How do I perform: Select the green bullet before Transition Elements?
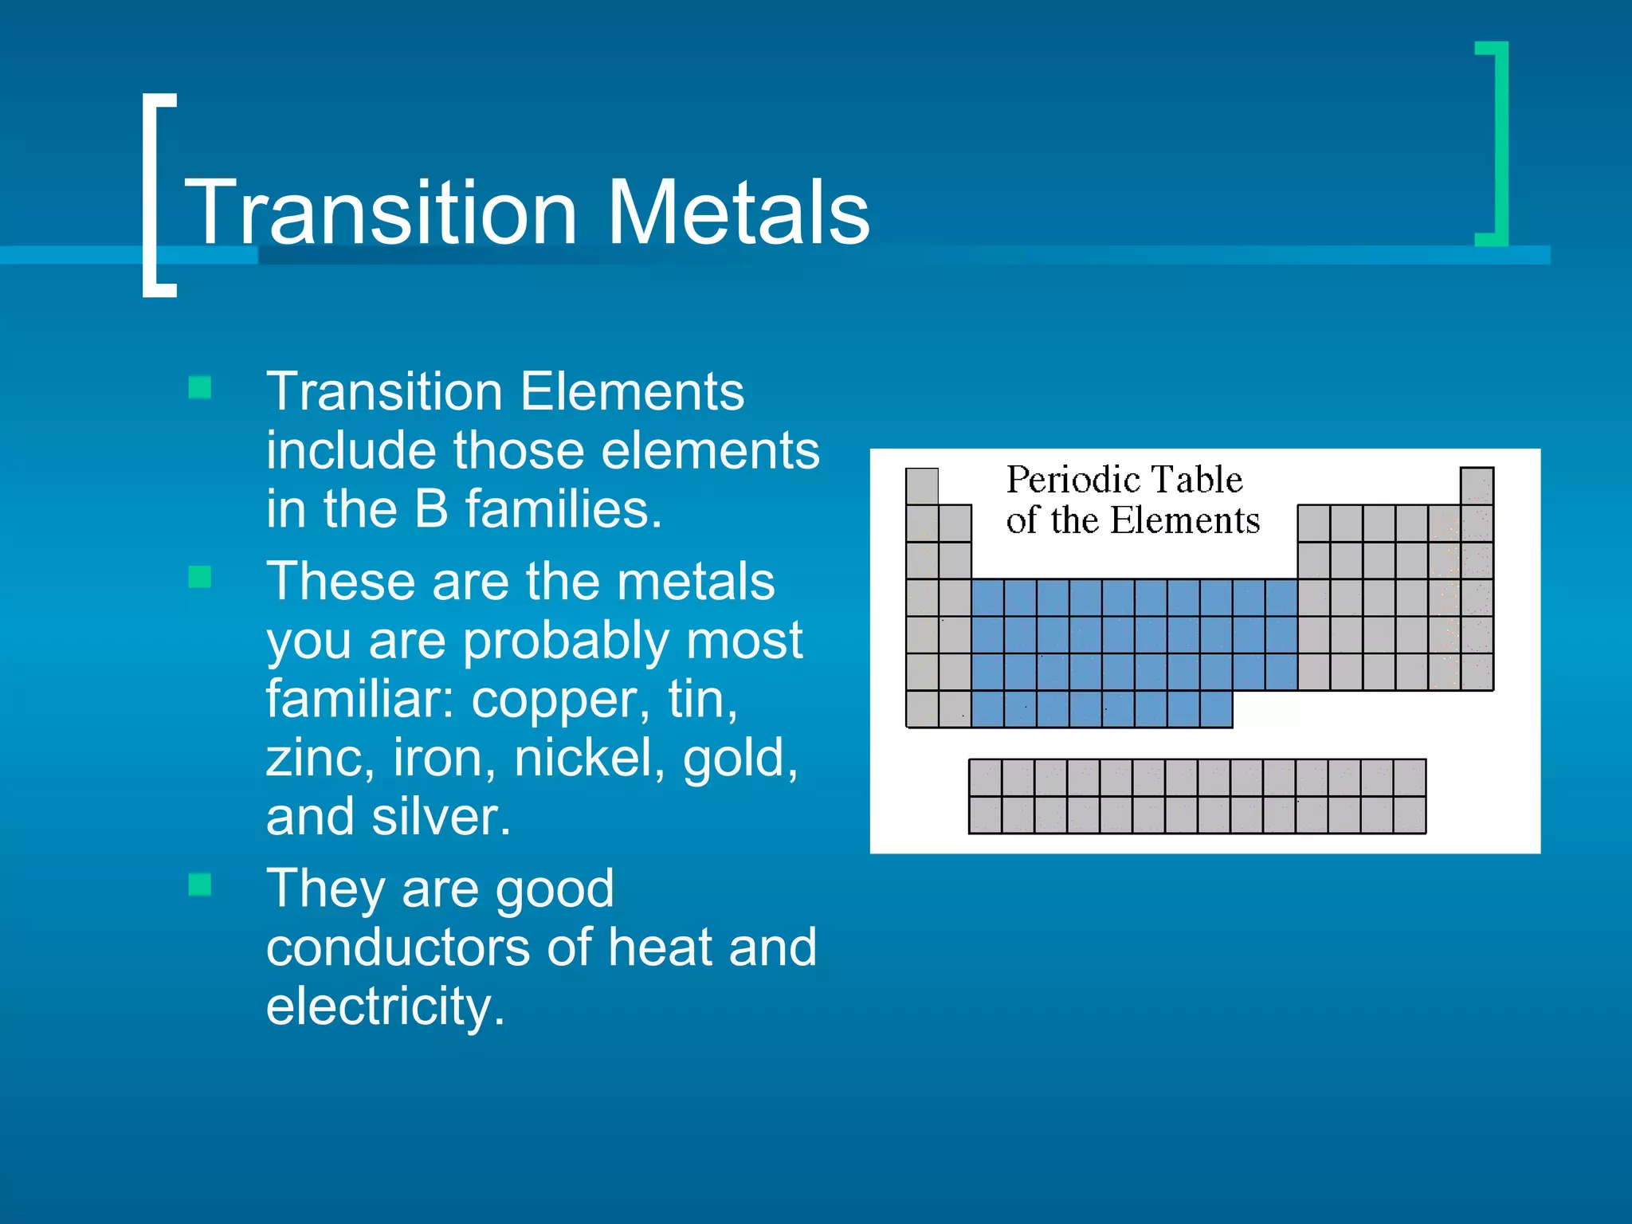pyautogui.click(x=200, y=387)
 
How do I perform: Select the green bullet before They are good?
pyautogui.click(x=200, y=884)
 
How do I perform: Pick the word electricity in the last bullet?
pyautogui.click(x=385, y=1006)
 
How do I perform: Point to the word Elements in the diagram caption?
pyautogui.click(x=1185, y=520)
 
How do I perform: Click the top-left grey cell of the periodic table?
pyautogui.click(x=922, y=485)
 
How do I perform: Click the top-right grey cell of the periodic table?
pyautogui.click(x=1477, y=485)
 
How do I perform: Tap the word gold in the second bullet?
pyautogui.click(x=740, y=758)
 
